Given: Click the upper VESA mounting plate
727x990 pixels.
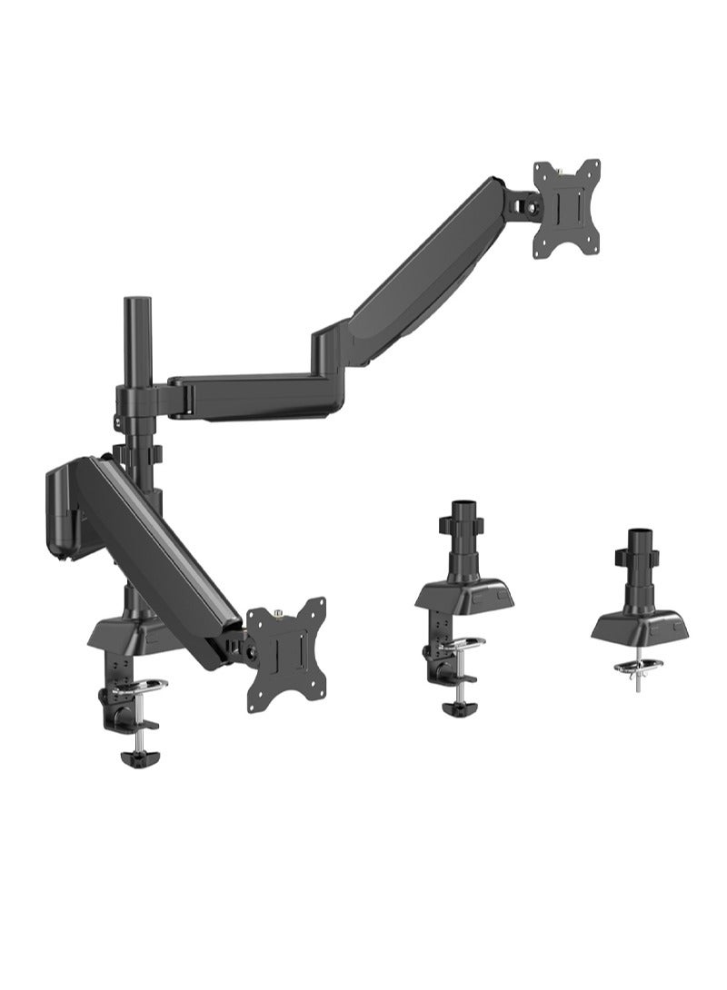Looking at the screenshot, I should click(x=567, y=204).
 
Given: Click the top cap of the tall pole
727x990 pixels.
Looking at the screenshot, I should click(x=136, y=301).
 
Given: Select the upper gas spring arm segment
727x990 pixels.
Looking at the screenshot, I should click(x=427, y=263).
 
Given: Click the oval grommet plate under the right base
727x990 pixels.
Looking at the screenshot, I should click(x=635, y=668).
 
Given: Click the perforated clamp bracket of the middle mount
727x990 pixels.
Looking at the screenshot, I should click(x=440, y=648).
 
